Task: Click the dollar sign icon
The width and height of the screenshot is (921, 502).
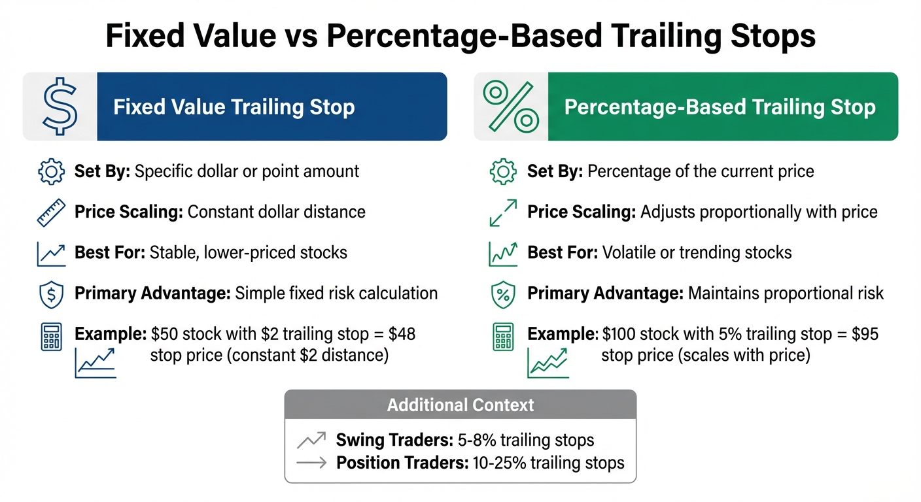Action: coord(60,107)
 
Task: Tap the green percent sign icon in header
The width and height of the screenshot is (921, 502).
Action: coord(511,107)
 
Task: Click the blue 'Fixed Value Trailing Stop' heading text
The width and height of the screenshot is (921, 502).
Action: coord(234,107)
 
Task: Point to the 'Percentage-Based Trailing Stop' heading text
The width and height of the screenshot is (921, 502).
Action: coord(720,107)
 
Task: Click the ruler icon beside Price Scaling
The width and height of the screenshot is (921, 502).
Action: coord(51,212)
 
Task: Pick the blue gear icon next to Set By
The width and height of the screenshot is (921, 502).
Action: coord(51,172)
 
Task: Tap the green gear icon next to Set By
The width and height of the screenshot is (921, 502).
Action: coord(502,172)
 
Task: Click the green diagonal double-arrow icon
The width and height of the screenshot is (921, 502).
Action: coord(502,213)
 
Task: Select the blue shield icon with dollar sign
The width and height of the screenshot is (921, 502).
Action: coord(51,293)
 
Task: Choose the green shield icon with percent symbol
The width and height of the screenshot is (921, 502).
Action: coord(502,294)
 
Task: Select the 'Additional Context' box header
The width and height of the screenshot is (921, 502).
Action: coord(460,405)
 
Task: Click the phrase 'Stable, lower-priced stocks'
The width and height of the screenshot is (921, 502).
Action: coord(249,253)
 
